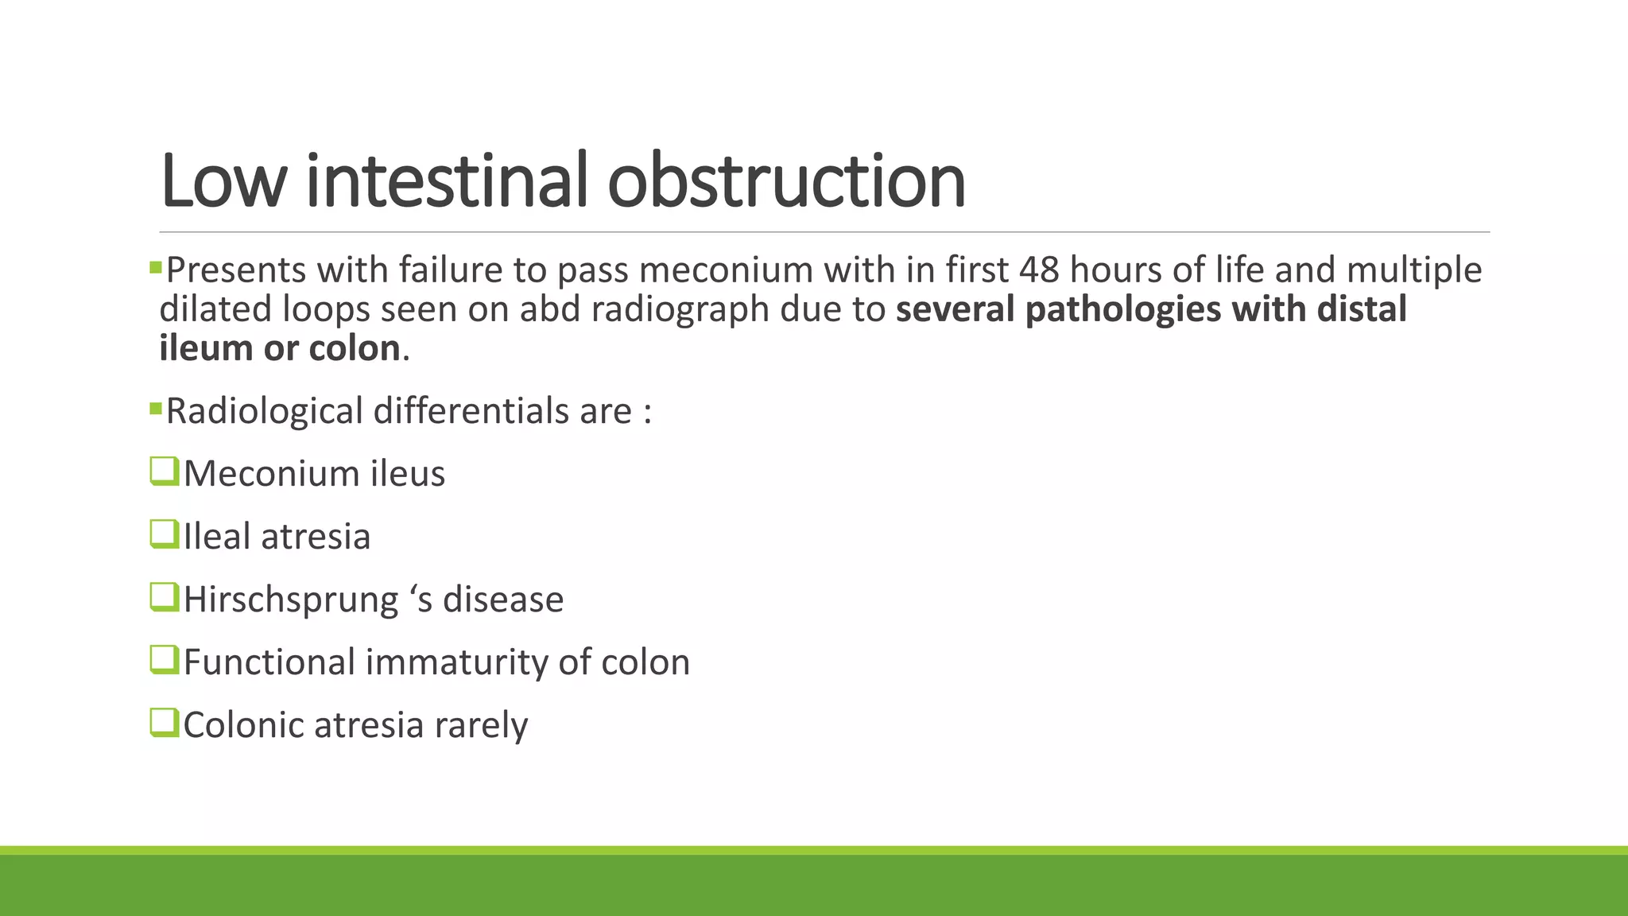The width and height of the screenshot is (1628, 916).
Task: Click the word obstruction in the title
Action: (x=786, y=181)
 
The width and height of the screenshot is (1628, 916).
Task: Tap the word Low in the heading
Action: (x=223, y=181)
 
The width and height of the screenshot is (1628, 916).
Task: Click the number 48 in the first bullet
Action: (x=1039, y=270)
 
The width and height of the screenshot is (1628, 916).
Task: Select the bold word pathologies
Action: (x=1122, y=309)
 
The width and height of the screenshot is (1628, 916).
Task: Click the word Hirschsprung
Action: (x=291, y=600)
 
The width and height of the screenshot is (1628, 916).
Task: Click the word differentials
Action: (x=471, y=411)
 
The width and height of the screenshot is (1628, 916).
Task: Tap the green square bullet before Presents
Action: (x=156, y=267)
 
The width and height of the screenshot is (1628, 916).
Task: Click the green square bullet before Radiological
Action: (x=156, y=409)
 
